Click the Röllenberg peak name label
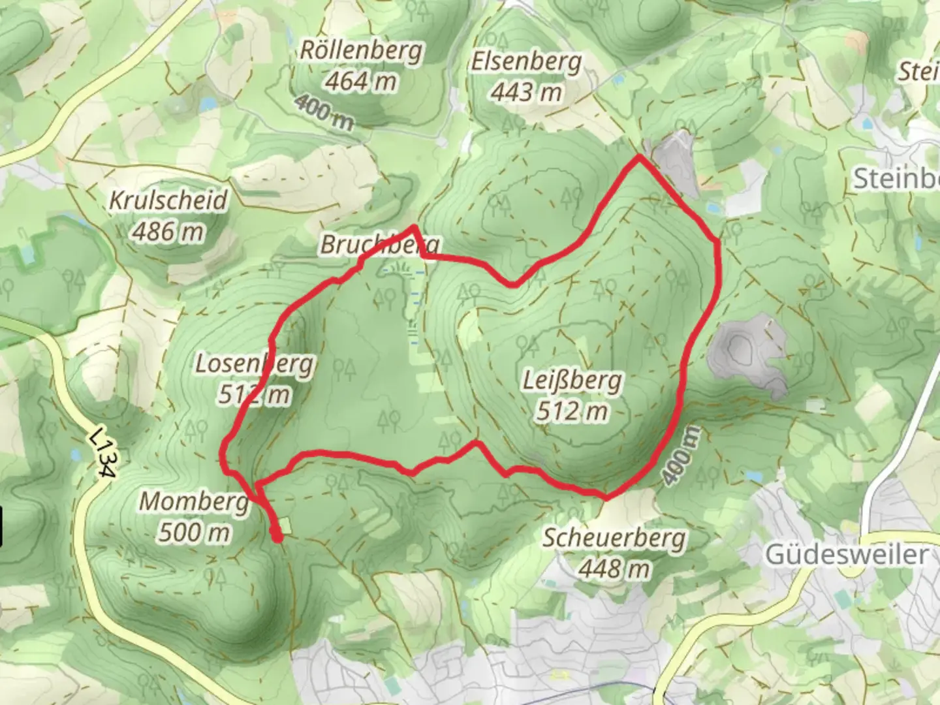(x=361, y=51)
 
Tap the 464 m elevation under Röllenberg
(x=361, y=82)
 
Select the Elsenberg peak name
(x=526, y=62)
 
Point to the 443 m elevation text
(x=526, y=92)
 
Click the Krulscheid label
(x=168, y=200)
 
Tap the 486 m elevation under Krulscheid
(x=168, y=231)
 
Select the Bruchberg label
(x=379, y=245)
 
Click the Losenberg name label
(x=255, y=364)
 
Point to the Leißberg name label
(x=572, y=381)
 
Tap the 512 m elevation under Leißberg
(x=572, y=411)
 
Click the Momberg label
(x=194, y=502)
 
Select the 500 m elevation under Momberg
(x=194, y=533)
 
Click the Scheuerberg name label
(x=614, y=539)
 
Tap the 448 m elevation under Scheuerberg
(x=614, y=569)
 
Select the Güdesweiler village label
(x=846, y=555)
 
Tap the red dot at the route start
(x=277, y=538)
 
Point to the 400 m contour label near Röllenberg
(x=323, y=112)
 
